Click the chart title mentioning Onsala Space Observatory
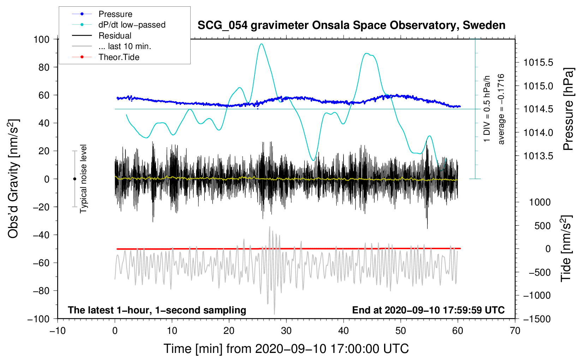coord(351,25)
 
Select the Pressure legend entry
coord(102,14)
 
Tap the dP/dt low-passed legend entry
coord(119,25)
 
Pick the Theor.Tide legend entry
coord(106,57)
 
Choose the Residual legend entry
coord(102,35)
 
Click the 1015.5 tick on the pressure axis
coord(538,62)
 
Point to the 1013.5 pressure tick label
coord(538,156)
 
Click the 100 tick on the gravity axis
coord(41,40)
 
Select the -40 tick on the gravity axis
coord(41,235)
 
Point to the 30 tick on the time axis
coord(286,331)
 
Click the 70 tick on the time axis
coord(515,331)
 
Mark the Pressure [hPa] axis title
coord(568,109)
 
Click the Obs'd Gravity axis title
coord(14,179)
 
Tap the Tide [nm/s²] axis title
coord(566,248)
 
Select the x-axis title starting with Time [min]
coord(286,349)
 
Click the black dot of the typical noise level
coord(74,179)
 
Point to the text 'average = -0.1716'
coord(501,109)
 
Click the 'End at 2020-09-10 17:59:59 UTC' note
coord(428,310)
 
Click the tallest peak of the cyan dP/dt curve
coord(261,44)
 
